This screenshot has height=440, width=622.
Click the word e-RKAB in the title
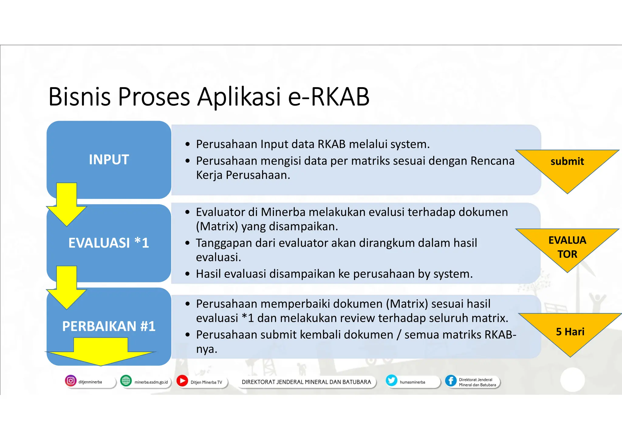[x=329, y=97]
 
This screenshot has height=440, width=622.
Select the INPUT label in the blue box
[x=109, y=160]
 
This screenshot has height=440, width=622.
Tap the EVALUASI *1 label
[x=109, y=243]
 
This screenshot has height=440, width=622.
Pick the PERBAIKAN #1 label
[x=109, y=326]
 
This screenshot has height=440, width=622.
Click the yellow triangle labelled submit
[x=567, y=166]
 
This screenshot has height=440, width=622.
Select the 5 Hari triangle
[x=570, y=330]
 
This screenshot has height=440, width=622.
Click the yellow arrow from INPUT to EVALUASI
[x=67, y=207]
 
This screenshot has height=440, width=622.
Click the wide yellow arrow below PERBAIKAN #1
[x=101, y=352]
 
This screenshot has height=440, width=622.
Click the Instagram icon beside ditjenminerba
[x=70, y=381]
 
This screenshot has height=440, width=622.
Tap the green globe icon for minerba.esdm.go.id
[x=126, y=381]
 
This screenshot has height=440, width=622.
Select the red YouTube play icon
[x=182, y=381]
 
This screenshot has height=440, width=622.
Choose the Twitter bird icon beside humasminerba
[x=391, y=380]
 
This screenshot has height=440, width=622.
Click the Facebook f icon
[x=451, y=381]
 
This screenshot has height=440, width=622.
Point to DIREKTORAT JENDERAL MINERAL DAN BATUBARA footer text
[x=306, y=382]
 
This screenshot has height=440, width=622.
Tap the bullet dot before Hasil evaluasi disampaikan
[x=188, y=274]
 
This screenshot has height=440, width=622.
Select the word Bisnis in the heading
[x=80, y=97]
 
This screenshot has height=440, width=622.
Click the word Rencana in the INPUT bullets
[x=492, y=161]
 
